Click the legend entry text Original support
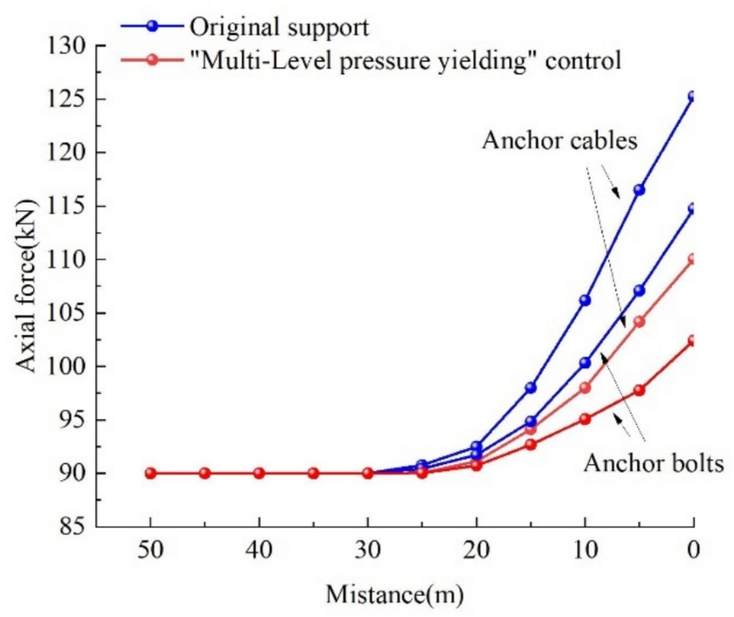click(x=279, y=25)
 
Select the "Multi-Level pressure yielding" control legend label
click(x=406, y=60)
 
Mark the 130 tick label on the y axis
click(x=66, y=45)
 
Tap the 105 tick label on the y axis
click(x=66, y=313)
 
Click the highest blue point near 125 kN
click(x=694, y=97)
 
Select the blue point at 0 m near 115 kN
click(x=694, y=209)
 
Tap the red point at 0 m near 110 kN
click(x=694, y=259)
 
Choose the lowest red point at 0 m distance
click(x=694, y=341)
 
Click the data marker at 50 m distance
click(x=150, y=473)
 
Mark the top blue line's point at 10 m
click(x=585, y=300)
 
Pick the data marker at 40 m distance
click(x=259, y=473)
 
